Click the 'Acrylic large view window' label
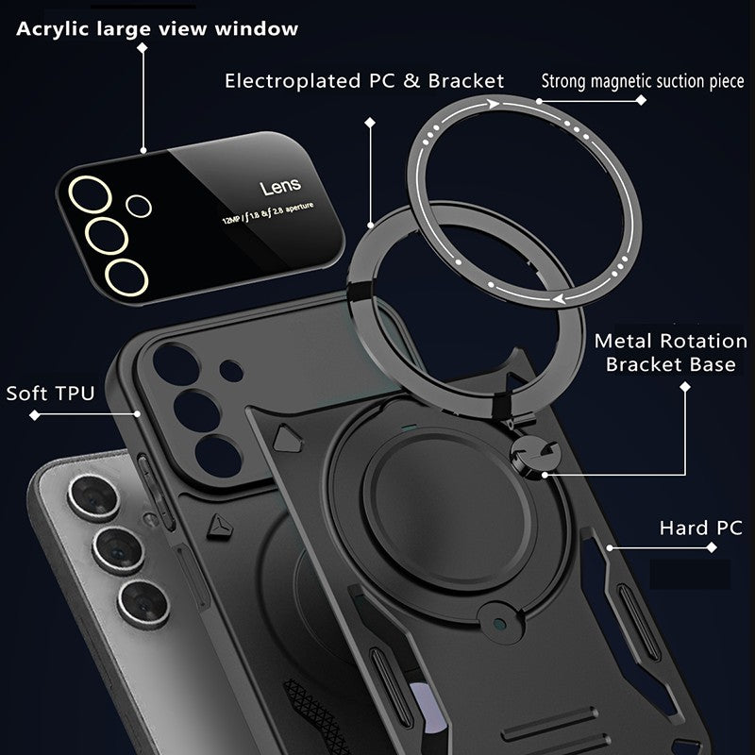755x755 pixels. tap(156, 28)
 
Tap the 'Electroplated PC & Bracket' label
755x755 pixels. tap(364, 81)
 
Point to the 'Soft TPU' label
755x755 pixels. tap(50, 393)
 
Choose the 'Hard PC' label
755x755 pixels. tap(700, 528)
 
